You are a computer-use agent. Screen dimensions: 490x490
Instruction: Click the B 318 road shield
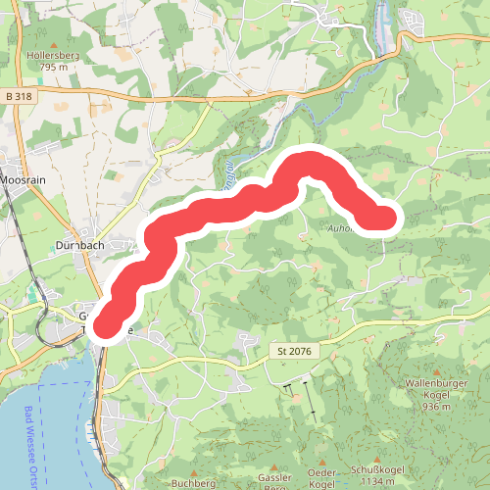coord(19,96)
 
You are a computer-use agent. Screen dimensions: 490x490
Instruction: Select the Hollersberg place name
coord(52,57)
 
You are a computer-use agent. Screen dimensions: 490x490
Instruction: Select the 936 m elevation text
coord(437,406)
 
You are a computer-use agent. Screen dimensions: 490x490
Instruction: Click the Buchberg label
coord(192,483)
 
